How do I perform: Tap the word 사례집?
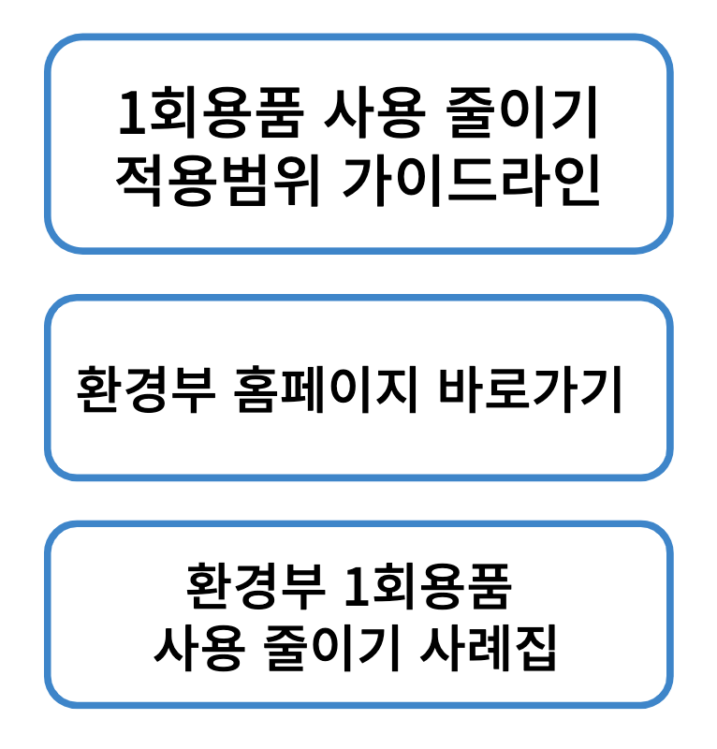click(x=490, y=648)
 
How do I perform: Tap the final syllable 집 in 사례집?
click(x=537, y=648)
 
